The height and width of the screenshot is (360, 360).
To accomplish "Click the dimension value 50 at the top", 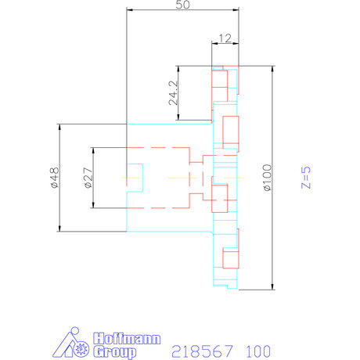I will point(183,5).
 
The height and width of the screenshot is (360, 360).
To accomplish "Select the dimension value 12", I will point(225,38).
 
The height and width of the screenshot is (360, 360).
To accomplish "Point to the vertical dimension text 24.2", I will point(174,92).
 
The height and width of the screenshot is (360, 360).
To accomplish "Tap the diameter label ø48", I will point(54,178).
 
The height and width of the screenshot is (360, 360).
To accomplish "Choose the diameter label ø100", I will point(266,178).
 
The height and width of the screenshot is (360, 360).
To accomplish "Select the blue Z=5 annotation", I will point(307,178).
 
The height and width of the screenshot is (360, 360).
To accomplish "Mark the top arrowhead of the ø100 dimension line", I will point(272,67).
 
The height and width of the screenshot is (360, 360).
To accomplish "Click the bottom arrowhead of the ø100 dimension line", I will point(272,286).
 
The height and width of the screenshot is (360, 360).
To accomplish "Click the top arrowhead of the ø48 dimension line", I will point(59,127).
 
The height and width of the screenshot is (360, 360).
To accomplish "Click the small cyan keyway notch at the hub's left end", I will point(135,175).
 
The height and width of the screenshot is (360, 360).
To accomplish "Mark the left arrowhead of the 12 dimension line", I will point(213,44).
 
